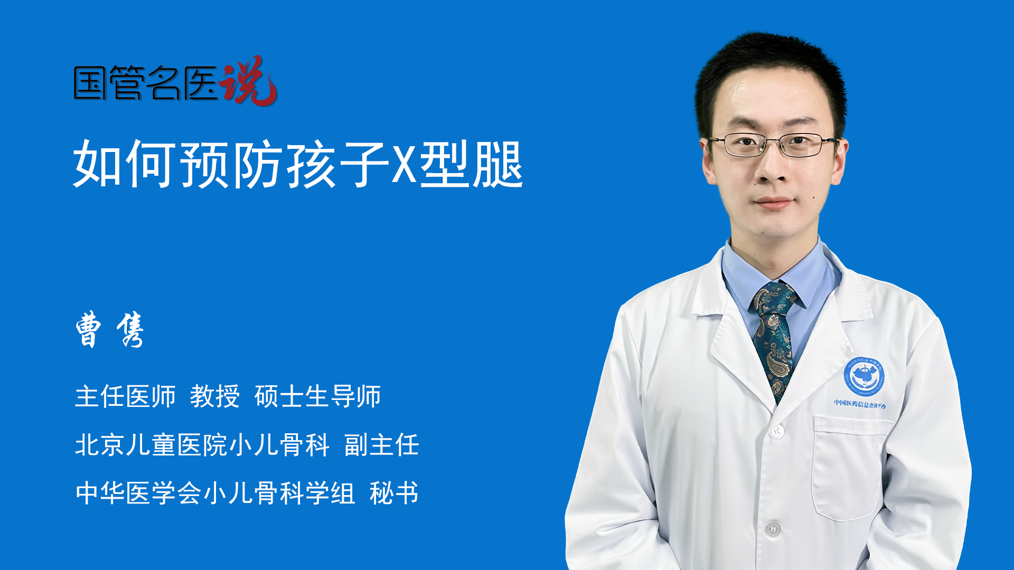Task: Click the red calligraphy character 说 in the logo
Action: pos(248,80)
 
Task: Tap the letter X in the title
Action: pos(404,164)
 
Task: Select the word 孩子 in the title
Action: pos(337,164)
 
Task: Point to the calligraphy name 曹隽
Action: pos(110,329)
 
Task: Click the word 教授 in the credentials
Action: pos(215,396)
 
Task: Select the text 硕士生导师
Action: pos(318,396)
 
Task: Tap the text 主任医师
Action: pos(125,396)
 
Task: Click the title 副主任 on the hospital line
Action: pos(382,445)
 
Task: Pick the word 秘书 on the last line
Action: pos(394,493)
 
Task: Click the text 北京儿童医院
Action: pos(151,445)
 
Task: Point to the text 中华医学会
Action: pos(138,493)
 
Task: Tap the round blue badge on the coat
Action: pos(863,376)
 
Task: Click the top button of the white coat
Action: pos(777,432)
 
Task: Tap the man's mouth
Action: pos(774,203)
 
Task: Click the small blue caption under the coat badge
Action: pos(860,404)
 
